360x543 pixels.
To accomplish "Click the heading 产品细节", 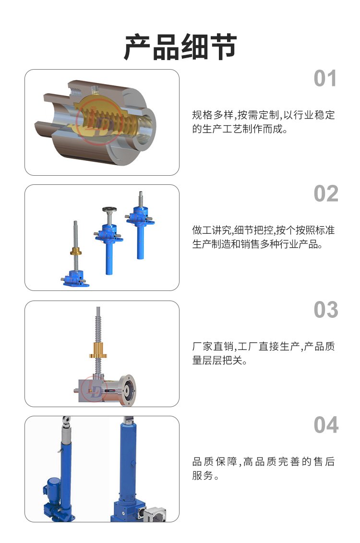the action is pos(180,47).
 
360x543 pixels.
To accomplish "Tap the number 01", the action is pos(325,79).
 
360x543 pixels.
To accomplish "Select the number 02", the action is pos(326,193).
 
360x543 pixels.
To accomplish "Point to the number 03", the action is pos(326,310).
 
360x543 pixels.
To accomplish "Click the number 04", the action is pos(326,425).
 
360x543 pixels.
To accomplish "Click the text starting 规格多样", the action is pos(264,122).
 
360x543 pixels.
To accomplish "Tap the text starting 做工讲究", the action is pos(264,237).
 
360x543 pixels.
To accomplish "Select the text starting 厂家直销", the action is pos(264,353).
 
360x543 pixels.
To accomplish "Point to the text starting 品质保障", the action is pos(264,469).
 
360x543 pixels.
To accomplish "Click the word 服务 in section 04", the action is pos(203,475).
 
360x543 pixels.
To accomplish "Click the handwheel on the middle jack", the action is pos(109,210).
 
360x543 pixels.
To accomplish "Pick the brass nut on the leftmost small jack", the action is pos(76,252).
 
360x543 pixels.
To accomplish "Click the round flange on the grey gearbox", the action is pos(127,389).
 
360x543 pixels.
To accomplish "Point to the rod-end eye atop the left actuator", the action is pos(66,422).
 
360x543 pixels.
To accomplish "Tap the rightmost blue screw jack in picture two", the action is pos(140,225).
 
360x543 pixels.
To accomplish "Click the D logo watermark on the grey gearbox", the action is pos(95,390).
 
